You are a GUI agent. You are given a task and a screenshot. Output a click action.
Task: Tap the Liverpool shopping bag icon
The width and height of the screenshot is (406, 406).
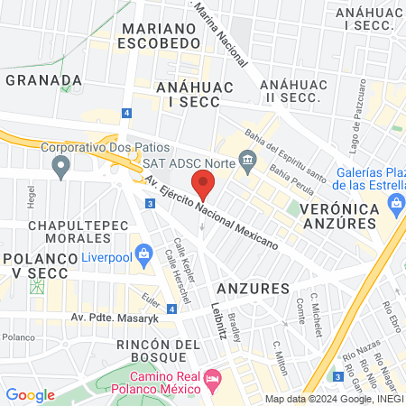point(142,252)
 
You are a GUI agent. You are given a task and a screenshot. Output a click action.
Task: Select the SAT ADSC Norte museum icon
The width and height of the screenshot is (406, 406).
point(247,162)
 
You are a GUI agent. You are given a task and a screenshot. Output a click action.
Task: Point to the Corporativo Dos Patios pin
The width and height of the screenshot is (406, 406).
point(61,165)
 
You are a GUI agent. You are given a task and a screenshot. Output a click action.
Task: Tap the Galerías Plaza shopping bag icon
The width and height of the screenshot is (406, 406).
point(397,208)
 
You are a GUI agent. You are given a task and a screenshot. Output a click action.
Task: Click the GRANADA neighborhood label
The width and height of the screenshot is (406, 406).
point(43,80)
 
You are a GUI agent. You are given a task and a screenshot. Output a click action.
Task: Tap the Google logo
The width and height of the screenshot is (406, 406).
point(31,394)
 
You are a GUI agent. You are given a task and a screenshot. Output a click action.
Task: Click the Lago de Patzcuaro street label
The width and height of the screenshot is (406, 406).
point(358,115)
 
